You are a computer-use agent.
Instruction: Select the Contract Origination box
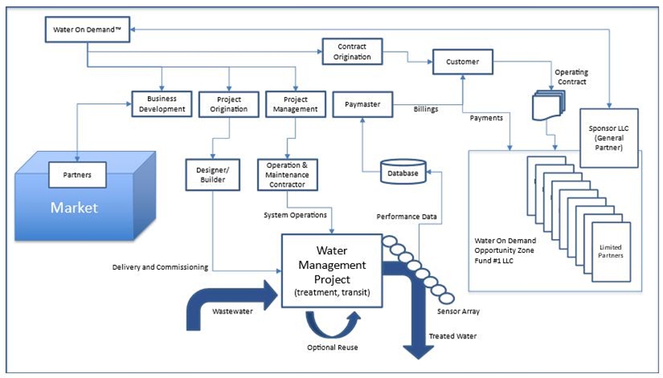pos(352,51)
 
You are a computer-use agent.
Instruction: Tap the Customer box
pos(463,61)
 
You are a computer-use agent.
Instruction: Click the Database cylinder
pos(401,172)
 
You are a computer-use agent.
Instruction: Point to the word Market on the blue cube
pos(74,208)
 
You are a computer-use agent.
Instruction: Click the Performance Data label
pos(406,217)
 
